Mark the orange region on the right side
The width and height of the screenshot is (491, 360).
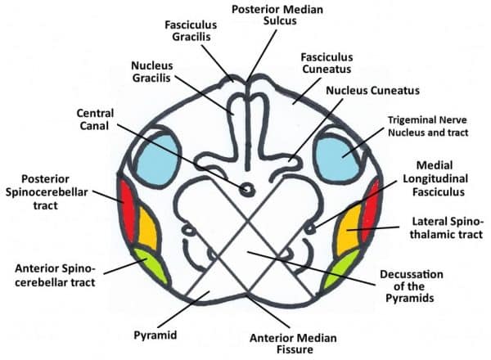[347, 232]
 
